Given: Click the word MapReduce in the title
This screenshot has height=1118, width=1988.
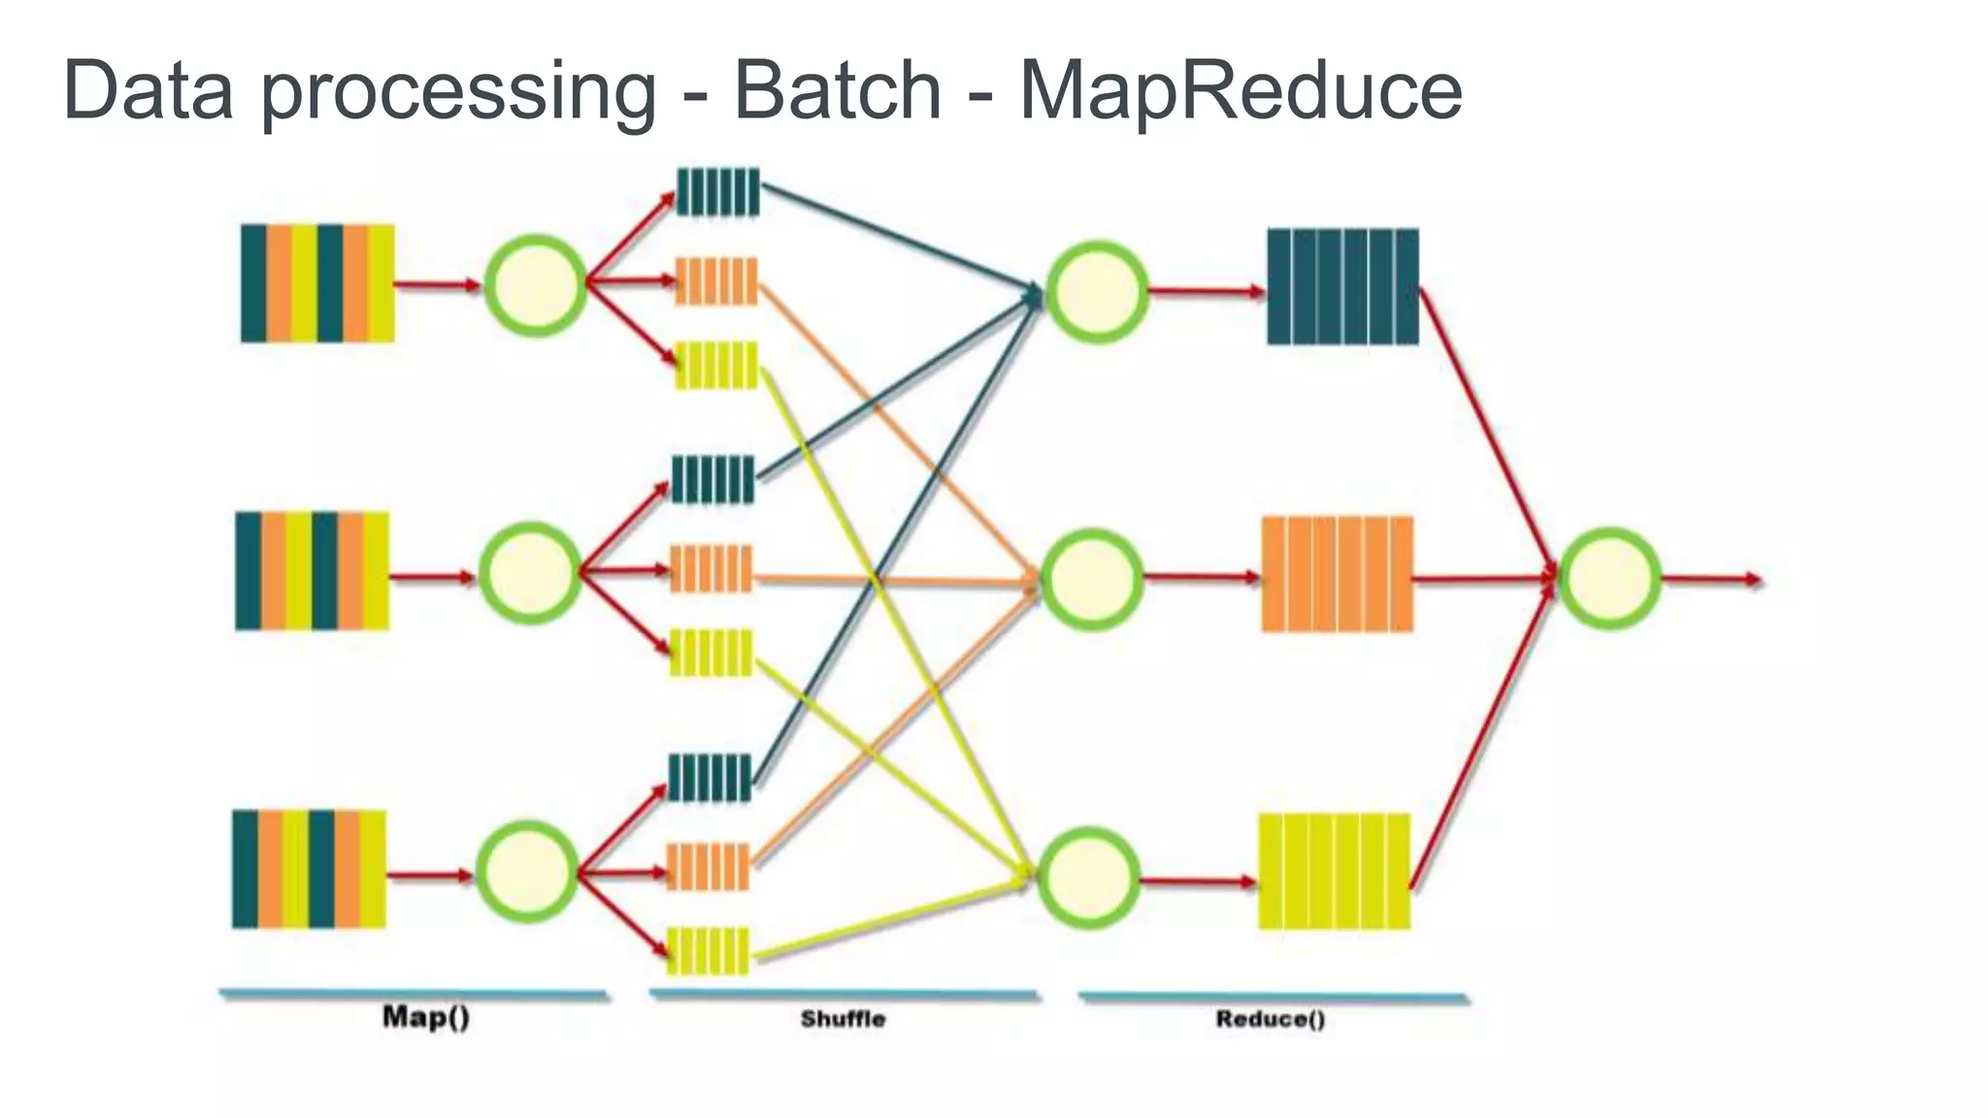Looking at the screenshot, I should tap(1240, 90).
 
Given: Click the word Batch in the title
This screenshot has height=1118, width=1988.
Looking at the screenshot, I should tap(837, 90).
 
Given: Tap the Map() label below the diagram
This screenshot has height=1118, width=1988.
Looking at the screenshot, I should tap(426, 1017).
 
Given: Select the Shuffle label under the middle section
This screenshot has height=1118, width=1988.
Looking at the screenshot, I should tap(843, 1019).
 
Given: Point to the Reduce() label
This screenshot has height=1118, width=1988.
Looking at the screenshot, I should tap(1270, 1019).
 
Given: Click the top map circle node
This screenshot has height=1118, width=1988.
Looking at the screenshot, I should tap(536, 285).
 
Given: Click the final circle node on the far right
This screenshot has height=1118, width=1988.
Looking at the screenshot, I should tap(1609, 578).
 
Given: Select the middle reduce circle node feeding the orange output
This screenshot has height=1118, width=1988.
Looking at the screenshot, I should tap(1091, 579).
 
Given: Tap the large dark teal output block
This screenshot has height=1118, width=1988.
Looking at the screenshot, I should tap(1342, 287).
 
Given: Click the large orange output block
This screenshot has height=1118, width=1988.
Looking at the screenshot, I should tap(1337, 575).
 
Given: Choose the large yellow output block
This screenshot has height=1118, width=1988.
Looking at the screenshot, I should tap(1334, 871).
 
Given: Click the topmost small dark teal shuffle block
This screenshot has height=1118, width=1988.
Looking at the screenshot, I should tap(717, 192).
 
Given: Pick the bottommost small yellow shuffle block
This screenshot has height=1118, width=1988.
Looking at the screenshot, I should tap(709, 951).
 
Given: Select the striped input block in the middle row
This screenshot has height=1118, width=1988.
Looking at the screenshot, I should tap(312, 572).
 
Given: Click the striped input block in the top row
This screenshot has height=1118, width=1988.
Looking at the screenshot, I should tap(317, 283).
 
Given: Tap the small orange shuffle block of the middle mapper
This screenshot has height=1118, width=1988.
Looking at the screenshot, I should tap(712, 569).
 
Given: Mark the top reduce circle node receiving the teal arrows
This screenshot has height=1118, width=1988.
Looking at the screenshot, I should tap(1097, 291).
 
